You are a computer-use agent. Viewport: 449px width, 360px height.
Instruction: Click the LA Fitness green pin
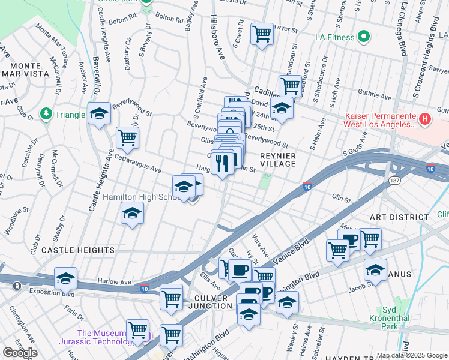[x=363, y=38]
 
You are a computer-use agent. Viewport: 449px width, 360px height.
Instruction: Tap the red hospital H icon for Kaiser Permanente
[x=425, y=119]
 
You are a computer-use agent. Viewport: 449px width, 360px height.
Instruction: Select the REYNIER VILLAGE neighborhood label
[x=277, y=159]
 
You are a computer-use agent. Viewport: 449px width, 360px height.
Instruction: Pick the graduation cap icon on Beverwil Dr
[x=99, y=113]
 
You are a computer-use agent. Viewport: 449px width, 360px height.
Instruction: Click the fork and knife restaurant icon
[x=223, y=162]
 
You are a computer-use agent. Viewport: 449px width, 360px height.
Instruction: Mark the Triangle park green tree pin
[x=46, y=114]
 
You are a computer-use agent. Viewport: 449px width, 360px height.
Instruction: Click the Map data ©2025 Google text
[x=411, y=355]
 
